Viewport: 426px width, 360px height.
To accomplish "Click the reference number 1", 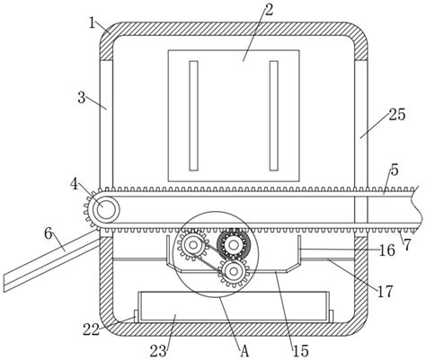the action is click(93, 22).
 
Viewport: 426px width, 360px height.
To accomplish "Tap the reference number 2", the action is click(269, 11).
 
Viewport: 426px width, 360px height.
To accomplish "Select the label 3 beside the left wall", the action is click(82, 98).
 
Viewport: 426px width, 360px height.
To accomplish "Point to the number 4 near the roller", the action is click(75, 184).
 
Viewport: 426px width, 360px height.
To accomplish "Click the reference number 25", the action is click(397, 114).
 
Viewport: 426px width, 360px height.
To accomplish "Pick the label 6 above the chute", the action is click(49, 233).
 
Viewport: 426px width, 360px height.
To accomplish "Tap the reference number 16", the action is click(387, 250).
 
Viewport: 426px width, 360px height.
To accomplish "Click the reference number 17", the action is click(385, 291).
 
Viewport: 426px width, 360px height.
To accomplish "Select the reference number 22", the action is click(92, 330).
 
